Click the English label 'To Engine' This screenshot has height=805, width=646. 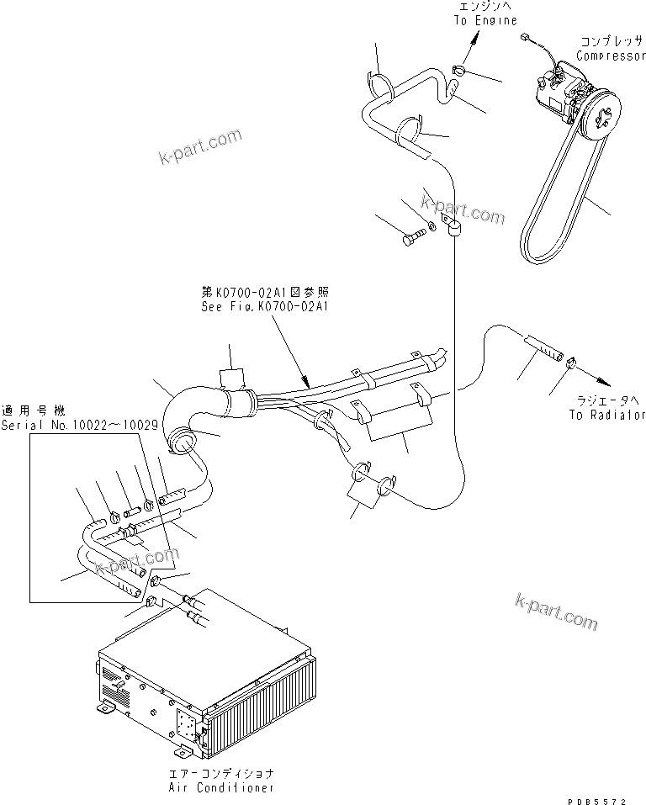(485, 20)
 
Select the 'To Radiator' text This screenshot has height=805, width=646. (606, 415)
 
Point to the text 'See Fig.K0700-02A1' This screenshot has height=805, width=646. (264, 307)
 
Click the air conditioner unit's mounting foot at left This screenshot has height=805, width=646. (105, 709)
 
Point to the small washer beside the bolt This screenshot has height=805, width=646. (431, 225)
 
